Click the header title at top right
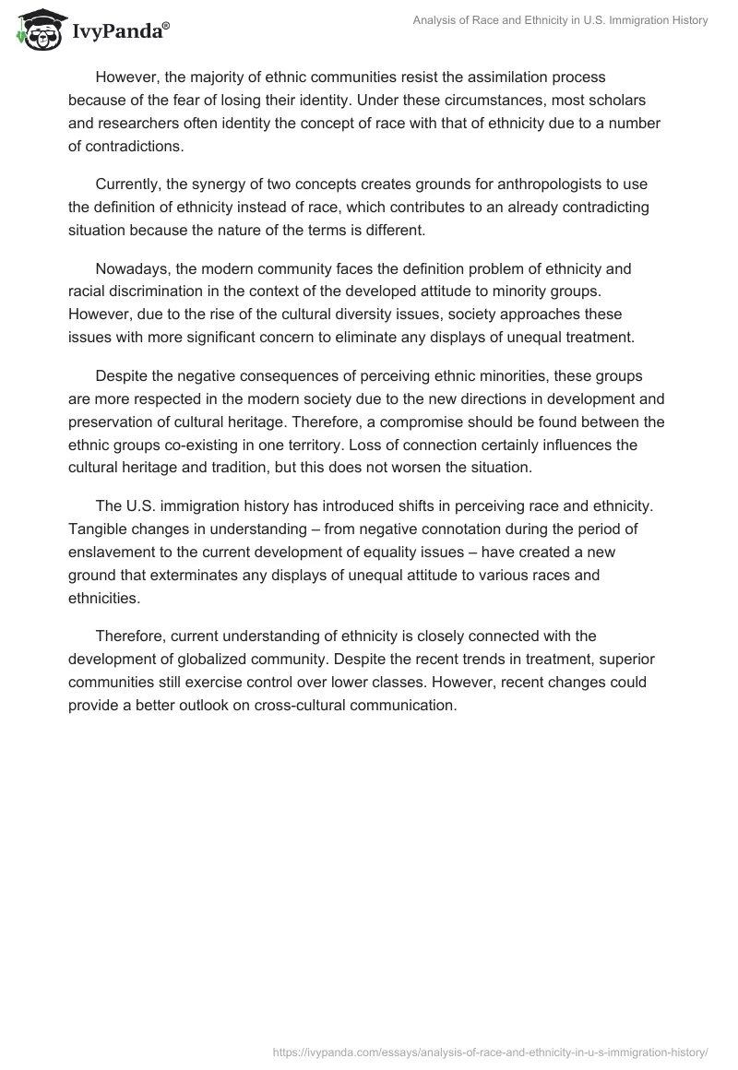561,20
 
